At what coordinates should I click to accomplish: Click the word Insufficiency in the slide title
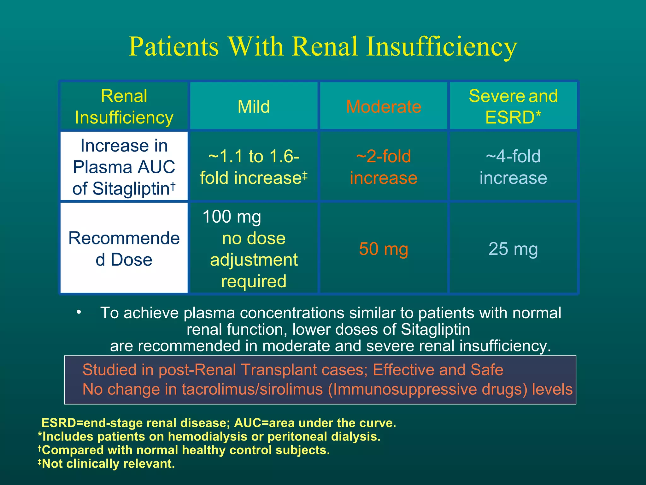click(442, 47)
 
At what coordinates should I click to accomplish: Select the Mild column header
click(254, 106)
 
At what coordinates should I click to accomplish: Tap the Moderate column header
click(384, 106)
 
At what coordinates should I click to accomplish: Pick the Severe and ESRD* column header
click(513, 106)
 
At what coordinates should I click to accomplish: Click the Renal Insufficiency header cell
click(124, 106)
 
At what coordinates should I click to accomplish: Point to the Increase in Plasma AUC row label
click(124, 167)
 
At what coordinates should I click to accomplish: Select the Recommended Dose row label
click(124, 248)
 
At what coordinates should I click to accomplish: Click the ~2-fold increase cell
click(384, 167)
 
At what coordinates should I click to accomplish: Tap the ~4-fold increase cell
click(513, 167)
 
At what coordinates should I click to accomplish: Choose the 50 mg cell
click(384, 249)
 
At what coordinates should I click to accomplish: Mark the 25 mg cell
click(513, 249)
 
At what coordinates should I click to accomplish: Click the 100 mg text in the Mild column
click(232, 217)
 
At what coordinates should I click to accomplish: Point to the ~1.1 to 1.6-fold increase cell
click(254, 167)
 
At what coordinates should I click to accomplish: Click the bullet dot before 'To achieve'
click(79, 312)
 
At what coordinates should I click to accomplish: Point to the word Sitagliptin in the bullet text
click(435, 329)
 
